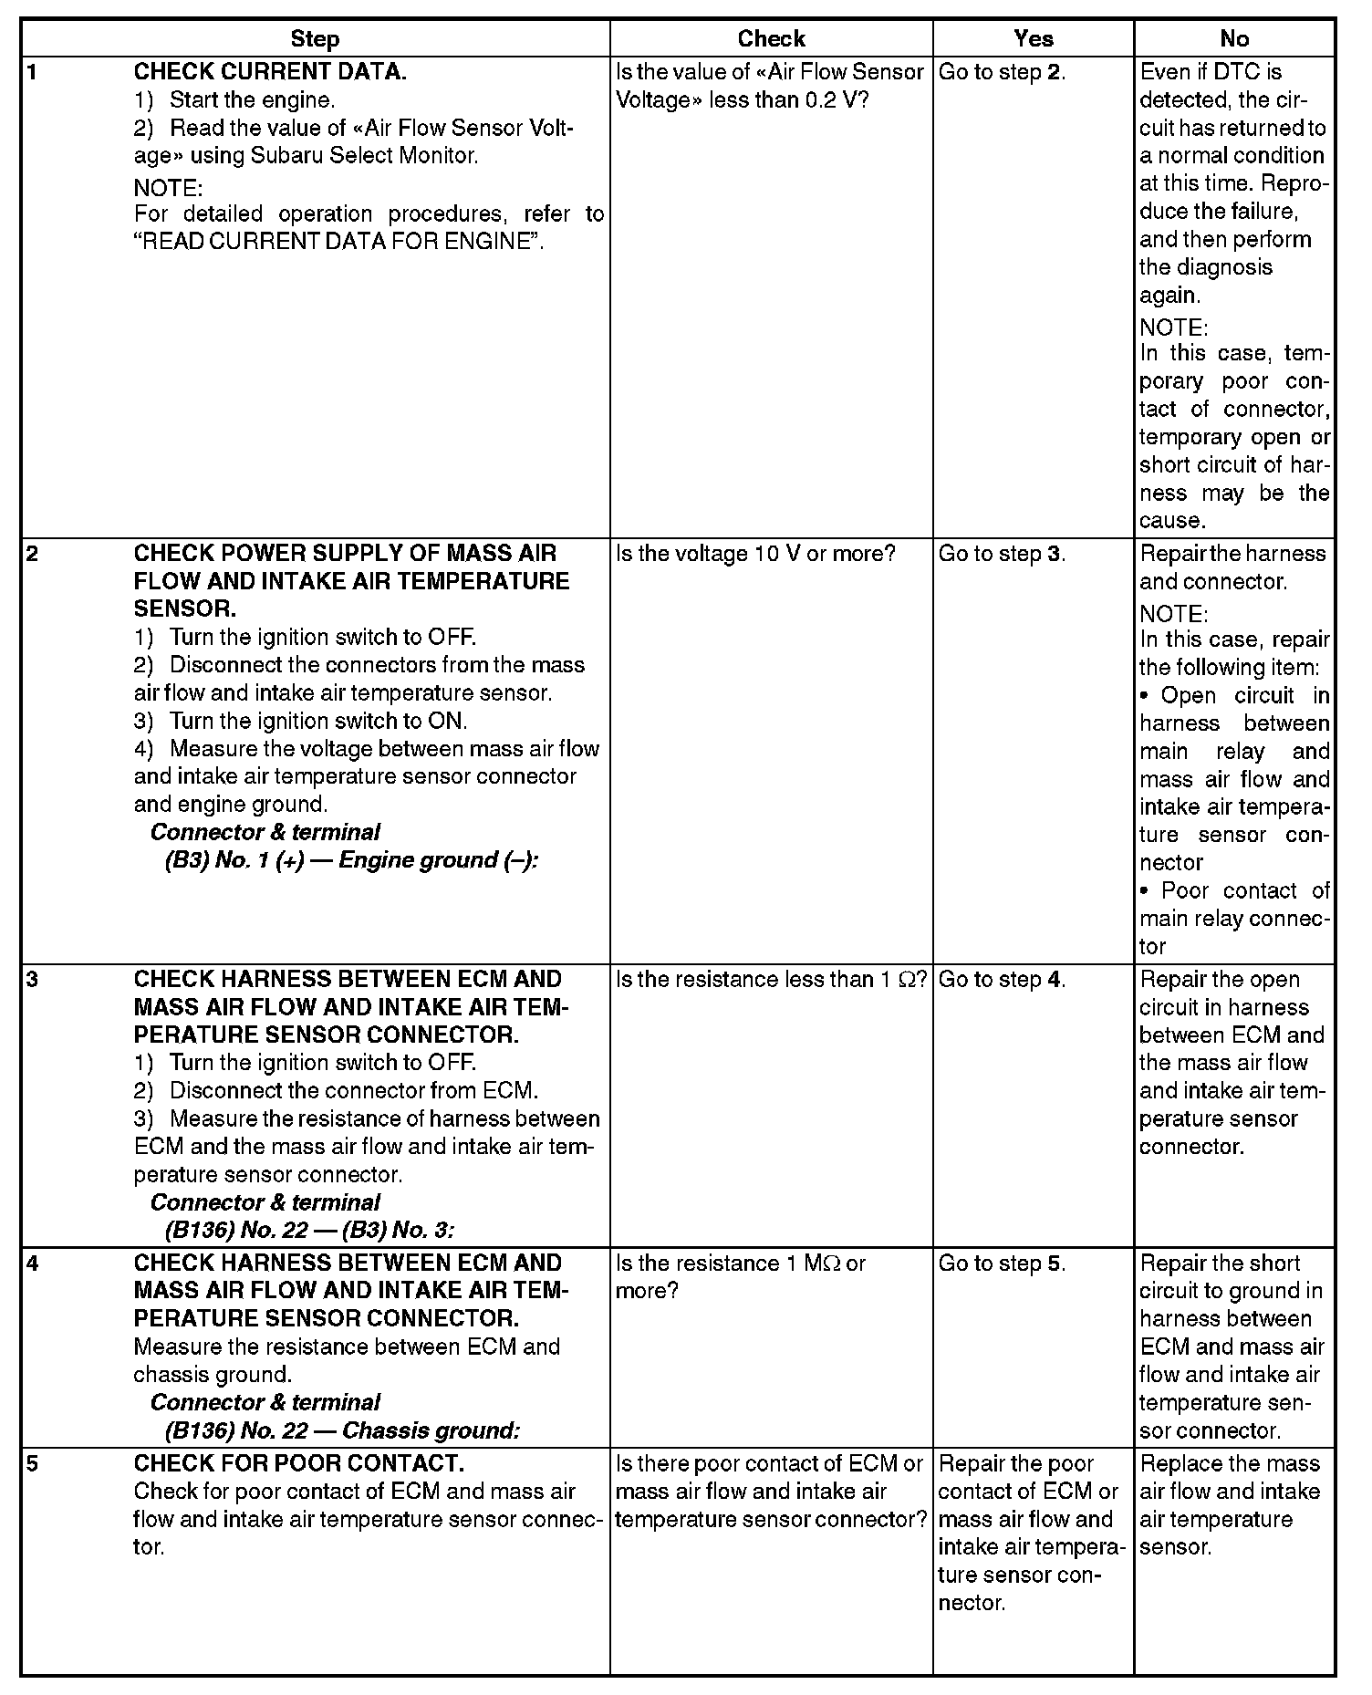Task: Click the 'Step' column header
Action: point(315,39)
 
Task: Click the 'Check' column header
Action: point(771,39)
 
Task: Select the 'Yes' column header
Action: point(1033,39)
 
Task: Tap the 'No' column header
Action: point(1233,39)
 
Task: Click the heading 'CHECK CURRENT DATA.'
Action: point(270,72)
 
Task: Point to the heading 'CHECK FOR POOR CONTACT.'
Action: point(298,1463)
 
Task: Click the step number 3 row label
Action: point(33,980)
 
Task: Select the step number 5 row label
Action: point(33,1463)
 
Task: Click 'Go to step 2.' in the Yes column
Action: point(1002,72)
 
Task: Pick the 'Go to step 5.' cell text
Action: point(1002,1263)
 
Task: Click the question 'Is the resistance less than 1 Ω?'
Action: point(771,980)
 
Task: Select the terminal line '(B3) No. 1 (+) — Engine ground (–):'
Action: point(351,860)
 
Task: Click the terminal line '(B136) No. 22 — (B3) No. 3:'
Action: point(309,1230)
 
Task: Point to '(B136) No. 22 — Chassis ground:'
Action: point(342,1430)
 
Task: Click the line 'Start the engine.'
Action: point(252,100)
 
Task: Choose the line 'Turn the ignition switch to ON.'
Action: point(317,721)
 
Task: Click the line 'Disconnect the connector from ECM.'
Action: point(353,1090)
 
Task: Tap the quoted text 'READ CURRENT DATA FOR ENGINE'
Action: point(338,242)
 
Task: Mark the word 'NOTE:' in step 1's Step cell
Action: point(167,188)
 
